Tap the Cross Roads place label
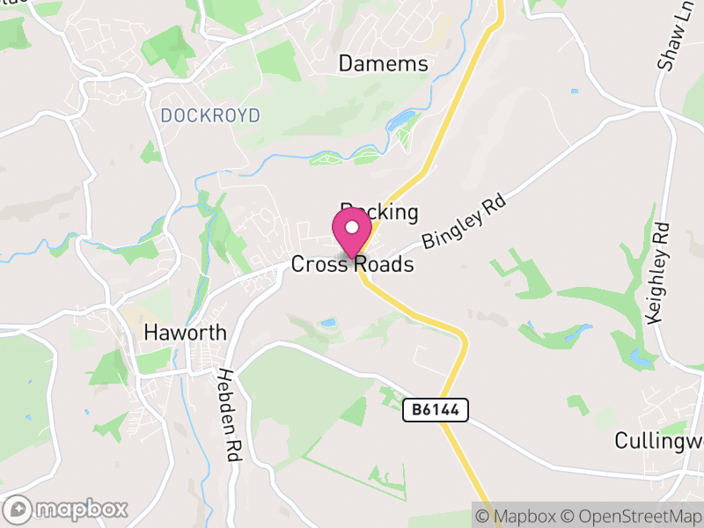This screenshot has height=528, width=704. click(352, 264)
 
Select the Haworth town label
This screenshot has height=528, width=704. click(186, 333)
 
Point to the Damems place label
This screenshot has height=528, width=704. click(384, 64)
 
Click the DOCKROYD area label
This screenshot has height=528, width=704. click(210, 115)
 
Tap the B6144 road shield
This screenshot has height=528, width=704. click(436, 409)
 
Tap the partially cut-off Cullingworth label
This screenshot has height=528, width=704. click(658, 439)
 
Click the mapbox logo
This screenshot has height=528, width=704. click(67, 509)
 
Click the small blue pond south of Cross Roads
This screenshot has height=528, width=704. click(328, 323)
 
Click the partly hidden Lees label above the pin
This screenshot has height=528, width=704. click(378, 211)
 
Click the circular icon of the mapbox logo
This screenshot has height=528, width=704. click(18, 509)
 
